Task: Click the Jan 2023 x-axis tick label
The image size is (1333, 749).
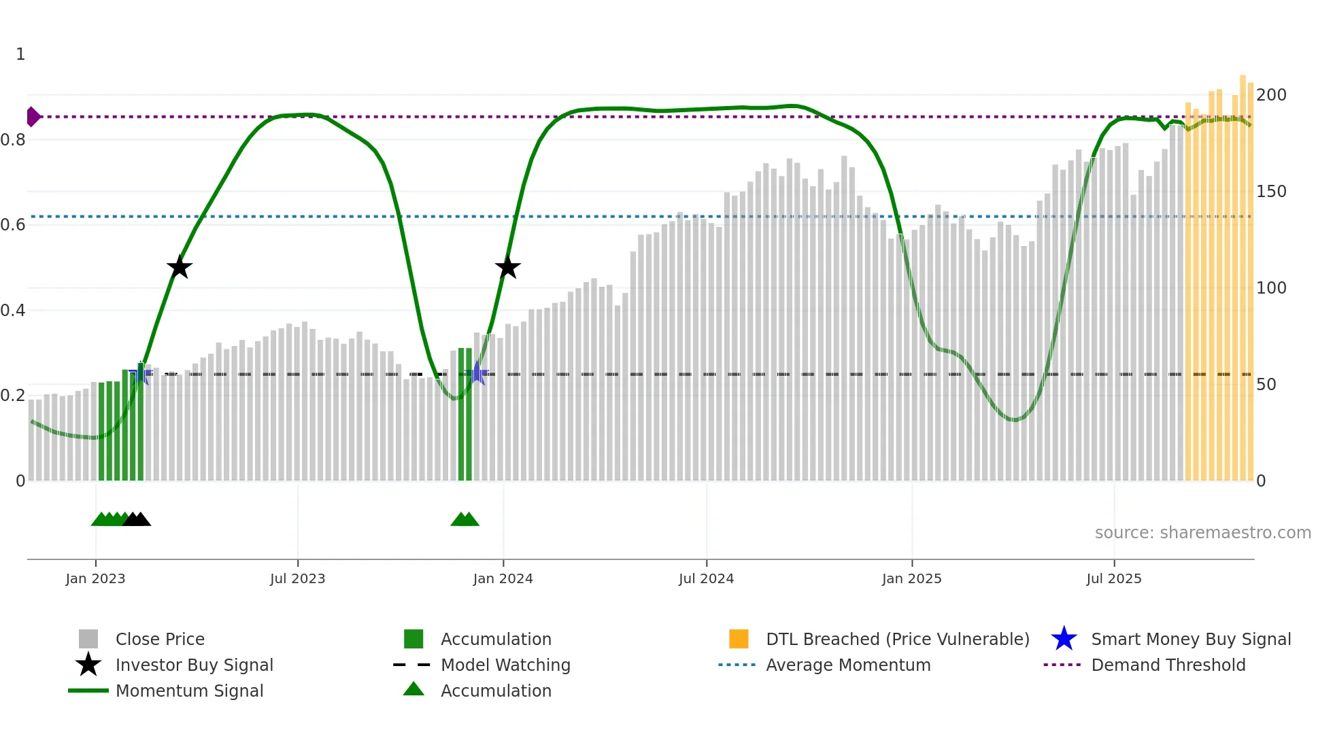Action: pos(95,578)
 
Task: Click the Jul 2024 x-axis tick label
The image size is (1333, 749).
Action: pos(706,578)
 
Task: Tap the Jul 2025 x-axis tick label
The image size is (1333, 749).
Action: pos(1113,578)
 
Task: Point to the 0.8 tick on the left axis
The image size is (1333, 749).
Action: pos(13,140)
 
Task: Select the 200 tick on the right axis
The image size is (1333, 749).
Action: pos(1271,95)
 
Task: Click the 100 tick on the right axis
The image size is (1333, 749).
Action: pos(1271,288)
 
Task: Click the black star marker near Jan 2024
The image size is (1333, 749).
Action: pos(507,268)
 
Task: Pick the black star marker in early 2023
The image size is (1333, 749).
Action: pos(180,268)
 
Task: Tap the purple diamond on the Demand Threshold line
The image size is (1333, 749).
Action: pos(33,117)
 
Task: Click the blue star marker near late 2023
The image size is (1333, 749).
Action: pos(477,374)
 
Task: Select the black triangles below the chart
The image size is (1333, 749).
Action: pos(137,519)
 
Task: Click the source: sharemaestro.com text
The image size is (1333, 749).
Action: pos(1202,533)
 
